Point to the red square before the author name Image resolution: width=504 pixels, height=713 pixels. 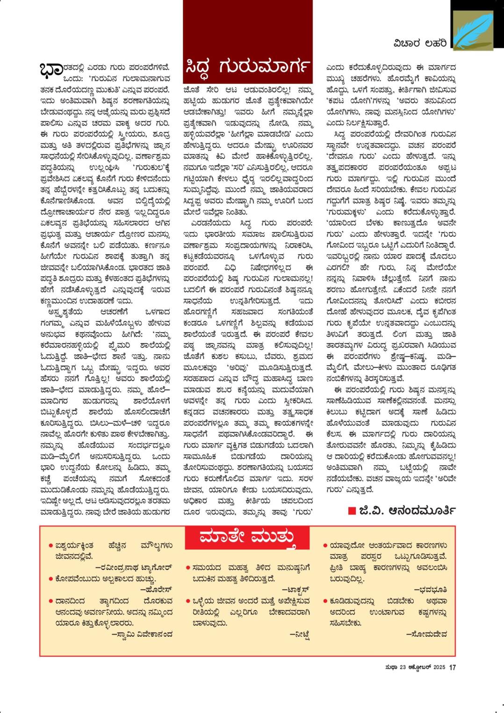[x=352, y=510]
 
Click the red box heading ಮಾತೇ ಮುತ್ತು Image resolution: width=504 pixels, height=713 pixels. [x=248, y=538]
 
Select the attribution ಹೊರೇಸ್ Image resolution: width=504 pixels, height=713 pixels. [x=157, y=590]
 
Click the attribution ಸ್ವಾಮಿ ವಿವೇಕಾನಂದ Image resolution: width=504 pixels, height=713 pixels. [x=142, y=634]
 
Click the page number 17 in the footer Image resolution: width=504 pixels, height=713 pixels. [x=452, y=668]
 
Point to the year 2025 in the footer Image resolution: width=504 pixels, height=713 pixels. [x=439, y=668]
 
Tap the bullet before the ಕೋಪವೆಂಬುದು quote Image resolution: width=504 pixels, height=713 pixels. [x=50, y=579]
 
